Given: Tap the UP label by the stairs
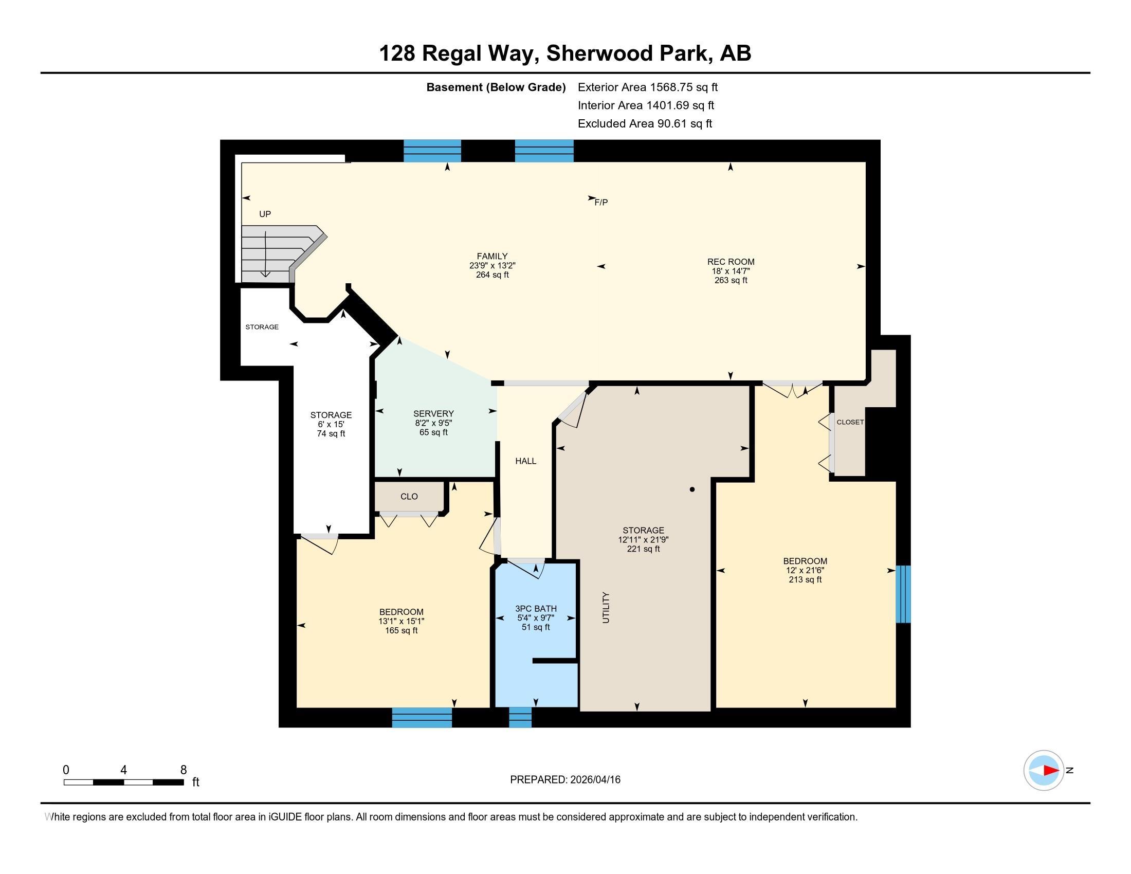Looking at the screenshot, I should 265,214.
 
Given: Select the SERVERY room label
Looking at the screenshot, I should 433,414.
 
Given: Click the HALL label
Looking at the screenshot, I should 525,461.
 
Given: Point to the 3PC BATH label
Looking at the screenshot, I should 536,608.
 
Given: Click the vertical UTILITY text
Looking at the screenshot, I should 607,607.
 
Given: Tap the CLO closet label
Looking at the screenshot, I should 409,497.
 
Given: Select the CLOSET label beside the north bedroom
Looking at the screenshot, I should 850,422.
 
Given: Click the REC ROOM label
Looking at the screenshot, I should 730,262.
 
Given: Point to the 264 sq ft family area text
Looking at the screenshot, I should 492,275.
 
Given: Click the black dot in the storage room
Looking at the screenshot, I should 692,489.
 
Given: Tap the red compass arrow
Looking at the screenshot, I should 1050,771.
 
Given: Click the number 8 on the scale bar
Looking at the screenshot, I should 184,770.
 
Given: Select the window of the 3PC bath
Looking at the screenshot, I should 520,717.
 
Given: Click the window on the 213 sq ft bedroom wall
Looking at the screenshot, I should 903,594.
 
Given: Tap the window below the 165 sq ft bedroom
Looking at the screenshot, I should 422,717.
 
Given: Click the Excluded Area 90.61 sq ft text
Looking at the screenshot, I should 645,123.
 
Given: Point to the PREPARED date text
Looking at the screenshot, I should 565,779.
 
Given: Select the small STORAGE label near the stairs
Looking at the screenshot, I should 262,326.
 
